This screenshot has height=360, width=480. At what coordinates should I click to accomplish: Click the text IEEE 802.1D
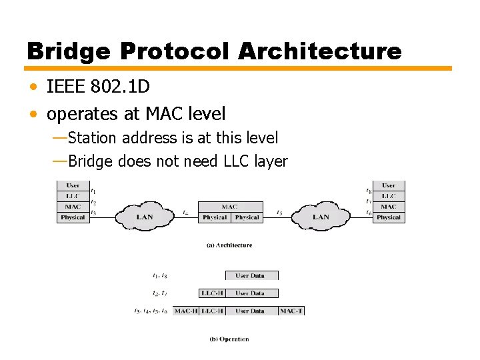(98, 87)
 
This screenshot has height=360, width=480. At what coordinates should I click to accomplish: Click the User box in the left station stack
(73, 185)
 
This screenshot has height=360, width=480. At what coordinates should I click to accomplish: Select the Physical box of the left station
(73, 217)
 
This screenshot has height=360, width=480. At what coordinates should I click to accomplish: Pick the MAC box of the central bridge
(230, 207)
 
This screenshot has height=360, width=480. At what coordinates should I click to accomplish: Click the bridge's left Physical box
(215, 217)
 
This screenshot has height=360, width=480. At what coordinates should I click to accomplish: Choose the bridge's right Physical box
(247, 217)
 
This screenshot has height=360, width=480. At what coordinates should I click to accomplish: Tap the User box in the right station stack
(389, 185)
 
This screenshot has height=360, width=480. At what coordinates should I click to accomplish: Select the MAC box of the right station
(389, 207)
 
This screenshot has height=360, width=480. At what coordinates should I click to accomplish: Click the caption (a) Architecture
(229, 245)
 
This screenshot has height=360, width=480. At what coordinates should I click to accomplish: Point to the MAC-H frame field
(185, 311)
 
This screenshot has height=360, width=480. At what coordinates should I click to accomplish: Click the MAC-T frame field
(291, 311)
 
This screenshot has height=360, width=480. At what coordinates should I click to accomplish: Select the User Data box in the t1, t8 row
(250, 275)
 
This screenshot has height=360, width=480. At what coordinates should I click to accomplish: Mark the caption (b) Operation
(229, 339)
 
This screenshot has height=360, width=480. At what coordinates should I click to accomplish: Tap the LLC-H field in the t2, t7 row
(212, 293)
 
